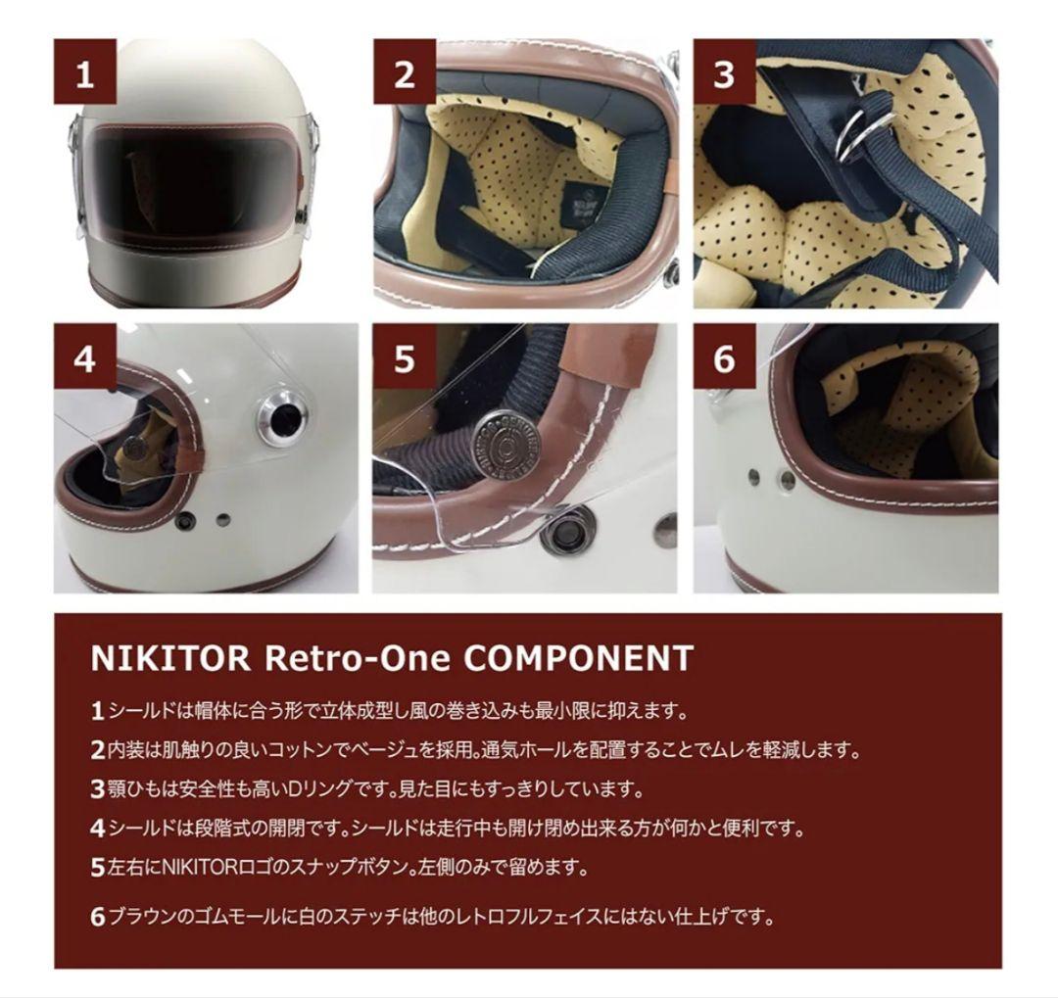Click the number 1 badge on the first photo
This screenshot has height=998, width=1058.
(85, 71)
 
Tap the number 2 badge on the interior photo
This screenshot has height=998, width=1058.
(405, 71)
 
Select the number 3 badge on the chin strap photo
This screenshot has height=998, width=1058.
(724, 71)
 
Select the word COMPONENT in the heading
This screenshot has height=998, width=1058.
(578, 658)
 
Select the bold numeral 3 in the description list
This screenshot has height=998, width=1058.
(97, 789)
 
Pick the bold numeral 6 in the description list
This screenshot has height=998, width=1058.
(97, 919)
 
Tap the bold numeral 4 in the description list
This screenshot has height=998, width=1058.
(97, 829)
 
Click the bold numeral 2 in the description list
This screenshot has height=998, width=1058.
(97, 750)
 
